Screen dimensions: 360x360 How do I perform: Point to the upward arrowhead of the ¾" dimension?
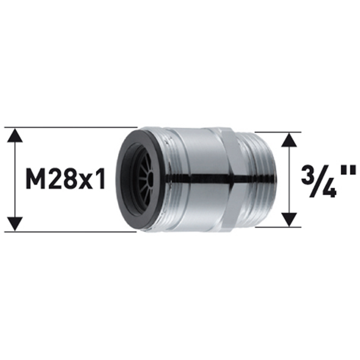coord(289,139)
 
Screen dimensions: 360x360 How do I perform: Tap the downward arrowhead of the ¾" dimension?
coord(289,219)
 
